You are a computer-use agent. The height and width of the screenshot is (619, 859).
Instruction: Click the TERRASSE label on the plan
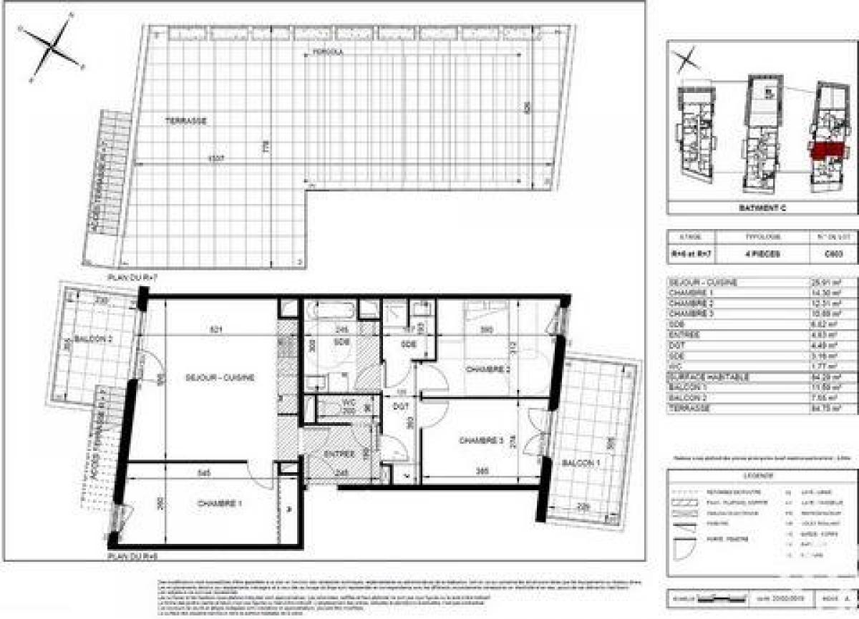[x=189, y=122]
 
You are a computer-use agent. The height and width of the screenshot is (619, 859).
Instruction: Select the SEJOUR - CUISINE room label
[x=220, y=378]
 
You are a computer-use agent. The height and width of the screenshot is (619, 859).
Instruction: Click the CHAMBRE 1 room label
[x=219, y=504]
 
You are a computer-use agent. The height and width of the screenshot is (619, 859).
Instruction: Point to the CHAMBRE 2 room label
[x=487, y=369]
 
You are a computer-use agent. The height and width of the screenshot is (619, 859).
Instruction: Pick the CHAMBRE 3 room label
[x=478, y=439]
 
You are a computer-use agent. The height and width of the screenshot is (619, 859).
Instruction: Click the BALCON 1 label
[x=580, y=463]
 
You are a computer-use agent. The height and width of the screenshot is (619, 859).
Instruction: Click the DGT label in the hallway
[x=394, y=405]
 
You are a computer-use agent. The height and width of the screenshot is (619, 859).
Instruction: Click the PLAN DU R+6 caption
[x=126, y=555]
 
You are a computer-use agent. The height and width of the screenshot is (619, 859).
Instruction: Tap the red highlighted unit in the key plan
[x=827, y=149]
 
